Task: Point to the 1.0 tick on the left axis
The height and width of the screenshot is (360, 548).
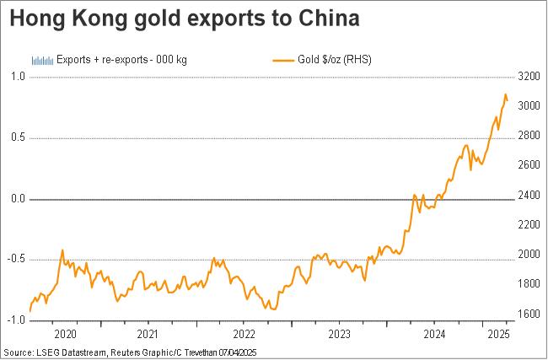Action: click(x=17, y=77)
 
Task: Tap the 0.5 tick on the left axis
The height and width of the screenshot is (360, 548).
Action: click(x=17, y=138)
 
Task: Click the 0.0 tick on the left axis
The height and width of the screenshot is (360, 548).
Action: click(x=17, y=199)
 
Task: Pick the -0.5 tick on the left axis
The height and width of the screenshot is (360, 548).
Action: click(x=16, y=260)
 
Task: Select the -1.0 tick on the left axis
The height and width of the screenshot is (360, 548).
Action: click(x=16, y=320)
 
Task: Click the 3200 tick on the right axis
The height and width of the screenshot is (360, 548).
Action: click(x=529, y=77)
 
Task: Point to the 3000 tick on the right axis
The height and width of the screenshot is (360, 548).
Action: click(x=529, y=106)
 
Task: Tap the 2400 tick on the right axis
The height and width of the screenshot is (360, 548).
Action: click(x=529, y=196)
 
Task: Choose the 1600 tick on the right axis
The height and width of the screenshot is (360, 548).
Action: click(x=529, y=314)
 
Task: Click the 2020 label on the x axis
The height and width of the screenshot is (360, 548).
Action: click(x=65, y=333)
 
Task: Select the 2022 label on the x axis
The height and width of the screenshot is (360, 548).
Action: click(x=244, y=333)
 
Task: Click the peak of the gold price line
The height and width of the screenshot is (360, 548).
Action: click(x=505, y=94)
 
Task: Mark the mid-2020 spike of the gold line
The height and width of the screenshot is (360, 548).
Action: click(x=62, y=250)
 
